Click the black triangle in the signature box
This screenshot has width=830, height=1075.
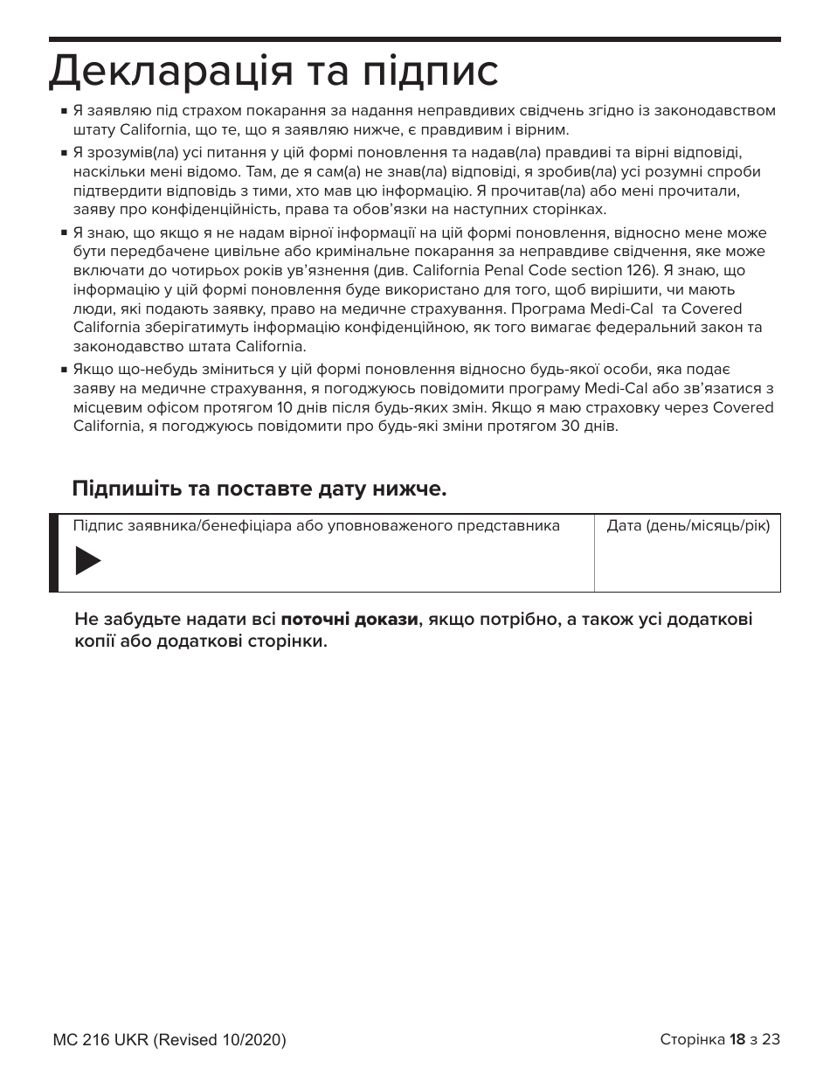(87, 560)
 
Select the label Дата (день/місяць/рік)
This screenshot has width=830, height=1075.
(688, 526)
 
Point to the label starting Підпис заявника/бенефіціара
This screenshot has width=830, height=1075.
(316, 526)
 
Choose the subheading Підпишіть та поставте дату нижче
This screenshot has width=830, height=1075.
(259, 488)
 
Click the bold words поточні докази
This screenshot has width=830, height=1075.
(349, 620)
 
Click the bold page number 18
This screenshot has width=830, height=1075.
(737, 1039)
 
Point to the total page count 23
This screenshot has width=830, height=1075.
(771, 1039)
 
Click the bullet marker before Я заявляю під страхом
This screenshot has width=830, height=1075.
(65, 112)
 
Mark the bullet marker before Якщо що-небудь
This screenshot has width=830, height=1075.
(65, 371)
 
